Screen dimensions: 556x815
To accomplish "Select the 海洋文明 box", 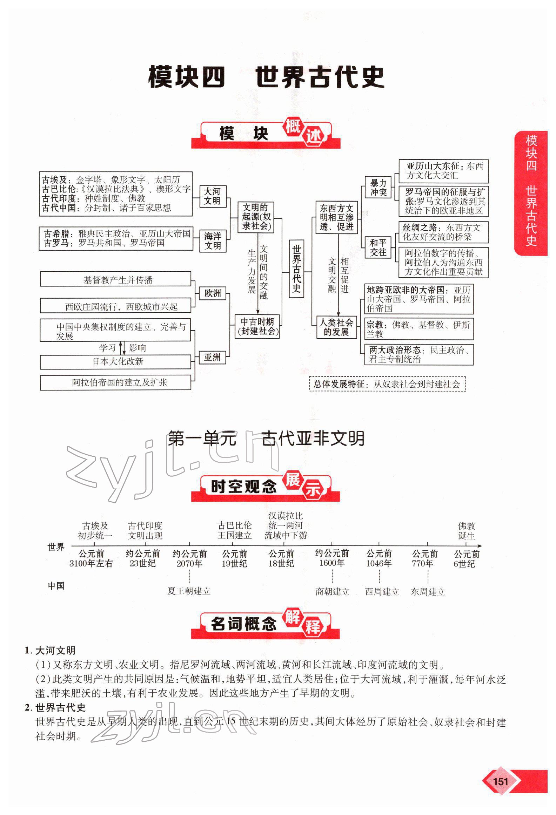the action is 213,241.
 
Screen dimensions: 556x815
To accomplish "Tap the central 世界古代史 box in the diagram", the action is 297,269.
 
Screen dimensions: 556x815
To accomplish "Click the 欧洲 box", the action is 212,293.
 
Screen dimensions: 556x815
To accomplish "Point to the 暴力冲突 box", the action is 378,188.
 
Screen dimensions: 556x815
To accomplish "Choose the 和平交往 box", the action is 378,247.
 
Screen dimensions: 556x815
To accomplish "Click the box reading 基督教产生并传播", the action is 115,279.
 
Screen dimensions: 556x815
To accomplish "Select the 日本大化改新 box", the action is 115,361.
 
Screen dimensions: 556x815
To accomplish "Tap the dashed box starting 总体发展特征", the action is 387,384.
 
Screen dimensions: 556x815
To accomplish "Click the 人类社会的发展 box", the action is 336,327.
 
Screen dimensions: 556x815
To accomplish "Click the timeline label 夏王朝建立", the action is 189,591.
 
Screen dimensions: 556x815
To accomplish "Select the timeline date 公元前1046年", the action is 379,558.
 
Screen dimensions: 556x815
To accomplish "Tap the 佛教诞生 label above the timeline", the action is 466,531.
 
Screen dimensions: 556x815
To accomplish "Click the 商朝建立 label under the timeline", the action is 332,592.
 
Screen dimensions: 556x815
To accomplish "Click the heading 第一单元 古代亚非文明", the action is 266,439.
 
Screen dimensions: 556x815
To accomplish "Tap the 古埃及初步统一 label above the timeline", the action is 95,531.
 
